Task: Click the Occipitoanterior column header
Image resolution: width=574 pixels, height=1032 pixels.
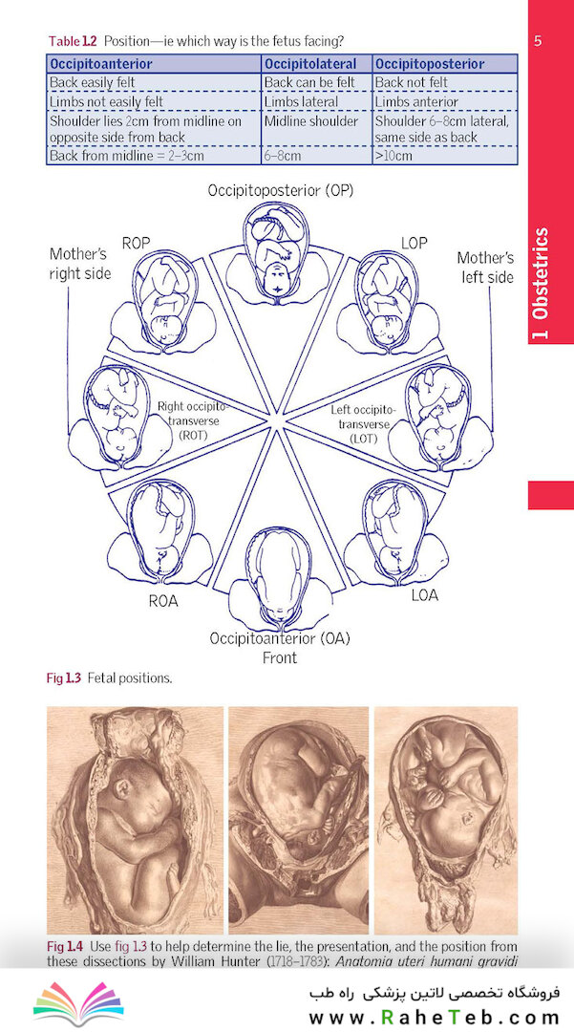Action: coord(100,64)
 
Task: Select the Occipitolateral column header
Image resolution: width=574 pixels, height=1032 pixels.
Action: coord(310,64)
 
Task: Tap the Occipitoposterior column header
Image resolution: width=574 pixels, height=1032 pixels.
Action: coord(430,64)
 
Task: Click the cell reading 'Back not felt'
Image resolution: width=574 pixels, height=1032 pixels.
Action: coord(411,82)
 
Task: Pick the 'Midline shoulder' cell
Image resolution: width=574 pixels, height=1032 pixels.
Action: coord(311,121)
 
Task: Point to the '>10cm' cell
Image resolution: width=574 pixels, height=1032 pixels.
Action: coord(393,156)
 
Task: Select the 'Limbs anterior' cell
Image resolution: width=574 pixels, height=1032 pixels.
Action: coord(416,102)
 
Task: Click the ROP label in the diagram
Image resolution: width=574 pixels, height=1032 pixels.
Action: coord(137,243)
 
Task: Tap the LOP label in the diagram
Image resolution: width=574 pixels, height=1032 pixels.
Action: coord(414,243)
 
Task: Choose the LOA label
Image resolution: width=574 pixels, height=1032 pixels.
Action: coord(424,595)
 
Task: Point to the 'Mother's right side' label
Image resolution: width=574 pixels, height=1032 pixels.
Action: coord(80,264)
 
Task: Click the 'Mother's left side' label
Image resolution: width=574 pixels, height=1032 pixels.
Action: coord(485,267)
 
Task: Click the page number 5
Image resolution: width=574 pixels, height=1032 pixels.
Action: coord(538,41)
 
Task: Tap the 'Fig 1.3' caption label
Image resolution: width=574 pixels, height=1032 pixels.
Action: coord(63,677)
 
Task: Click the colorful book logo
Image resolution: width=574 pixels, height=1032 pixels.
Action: coord(78,1003)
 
